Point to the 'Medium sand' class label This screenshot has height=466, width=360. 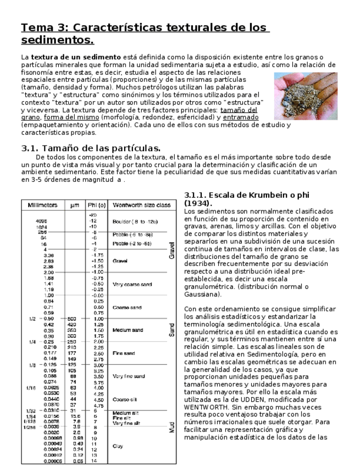(128, 330)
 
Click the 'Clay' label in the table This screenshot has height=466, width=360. (118, 446)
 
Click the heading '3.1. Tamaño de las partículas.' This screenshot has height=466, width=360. (91, 148)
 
